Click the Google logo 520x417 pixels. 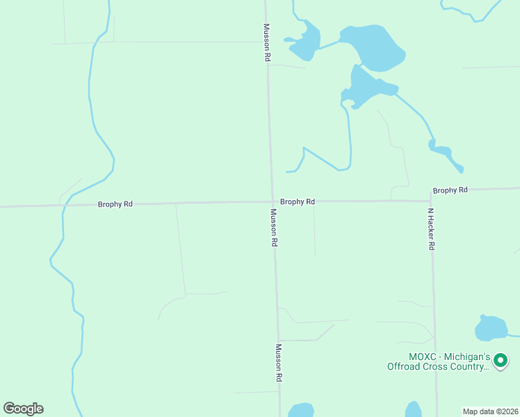(x=23, y=409)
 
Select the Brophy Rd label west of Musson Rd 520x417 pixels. (x=115, y=204)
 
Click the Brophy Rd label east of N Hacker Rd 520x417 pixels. (x=450, y=190)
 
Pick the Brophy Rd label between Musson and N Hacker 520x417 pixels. (x=298, y=202)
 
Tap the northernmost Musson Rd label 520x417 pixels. (x=266, y=43)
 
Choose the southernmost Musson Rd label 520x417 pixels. (x=278, y=363)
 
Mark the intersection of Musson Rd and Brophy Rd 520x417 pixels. (x=272, y=202)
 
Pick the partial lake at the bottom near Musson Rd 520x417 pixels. (x=301, y=411)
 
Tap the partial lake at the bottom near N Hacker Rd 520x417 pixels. (x=414, y=410)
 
